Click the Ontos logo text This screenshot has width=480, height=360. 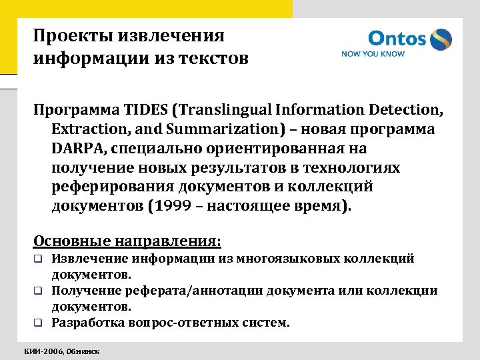tap(397, 38)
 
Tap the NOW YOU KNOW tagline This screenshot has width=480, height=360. tap(373, 54)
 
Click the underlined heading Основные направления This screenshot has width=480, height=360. tap(127, 239)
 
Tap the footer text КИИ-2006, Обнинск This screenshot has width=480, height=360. tap(62, 350)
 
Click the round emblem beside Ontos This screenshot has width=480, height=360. tap(440, 39)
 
